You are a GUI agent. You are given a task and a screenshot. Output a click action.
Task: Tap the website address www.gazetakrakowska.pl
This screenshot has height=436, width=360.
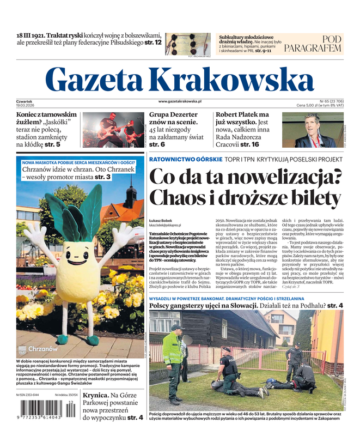click(x=180, y=101)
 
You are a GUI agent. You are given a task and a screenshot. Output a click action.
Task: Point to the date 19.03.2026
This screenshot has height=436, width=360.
click(x=26, y=105)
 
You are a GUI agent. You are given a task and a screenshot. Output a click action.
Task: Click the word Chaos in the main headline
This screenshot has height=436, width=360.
click(x=180, y=197)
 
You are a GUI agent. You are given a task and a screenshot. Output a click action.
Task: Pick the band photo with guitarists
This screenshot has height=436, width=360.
click(x=113, y=130)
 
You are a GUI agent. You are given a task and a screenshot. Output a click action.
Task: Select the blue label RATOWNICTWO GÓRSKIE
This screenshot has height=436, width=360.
click(x=185, y=159)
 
